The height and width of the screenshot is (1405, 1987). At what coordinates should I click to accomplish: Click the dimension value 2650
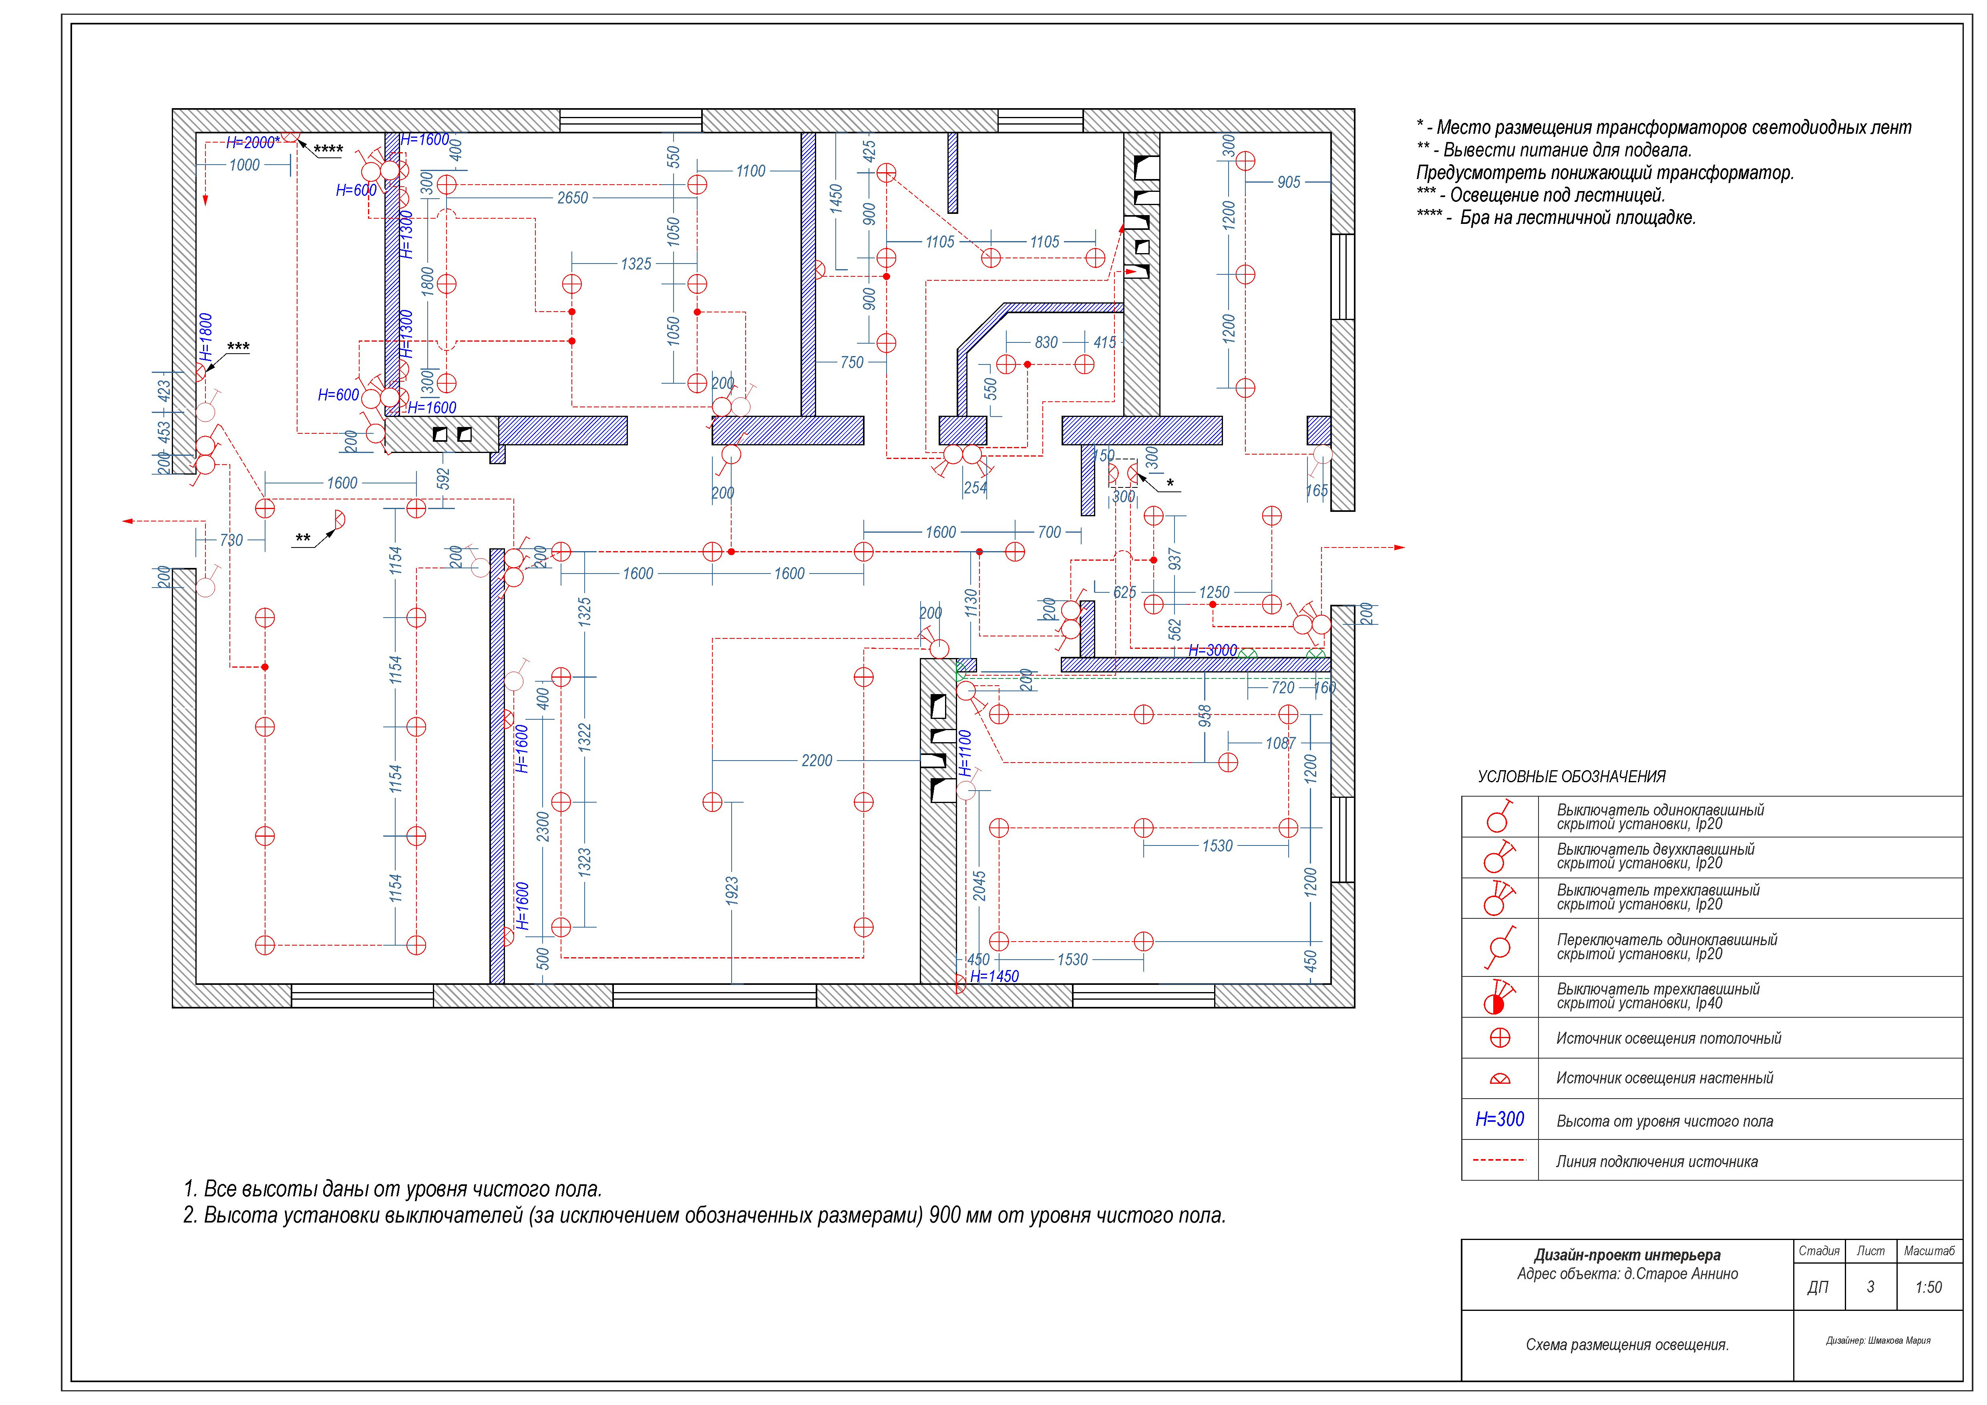(x=572, y=198)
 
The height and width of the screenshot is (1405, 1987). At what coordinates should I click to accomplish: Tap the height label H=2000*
(x=253, y=142)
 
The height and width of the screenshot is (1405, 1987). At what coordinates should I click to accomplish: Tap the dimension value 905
(x=1289, y=183)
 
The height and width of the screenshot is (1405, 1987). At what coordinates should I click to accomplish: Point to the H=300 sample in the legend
(x=1500, y=1119)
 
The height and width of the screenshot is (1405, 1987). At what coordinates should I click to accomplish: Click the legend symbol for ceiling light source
(x=1500, y=1038)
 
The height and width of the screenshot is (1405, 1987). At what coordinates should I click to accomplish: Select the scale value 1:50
(x=1929, y=1287)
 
